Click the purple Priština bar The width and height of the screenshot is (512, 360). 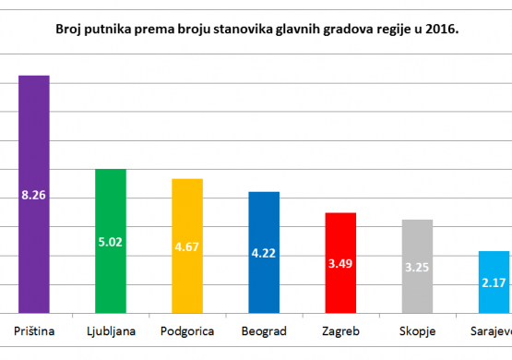[34, 195]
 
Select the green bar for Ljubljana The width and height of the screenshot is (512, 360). [111, 241]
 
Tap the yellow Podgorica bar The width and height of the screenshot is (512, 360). [187, 246]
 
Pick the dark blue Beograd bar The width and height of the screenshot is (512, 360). [264, 253]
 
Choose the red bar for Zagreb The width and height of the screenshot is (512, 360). [340, 263]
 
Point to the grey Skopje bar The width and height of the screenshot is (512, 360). [417, 267]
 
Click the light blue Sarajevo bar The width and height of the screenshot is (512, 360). [494, 282]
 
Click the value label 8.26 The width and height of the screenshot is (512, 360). [33, 196]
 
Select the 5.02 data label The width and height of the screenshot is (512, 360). [111, 242]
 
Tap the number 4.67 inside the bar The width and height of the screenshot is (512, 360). [186, 247]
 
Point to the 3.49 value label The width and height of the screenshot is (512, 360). [340, 264]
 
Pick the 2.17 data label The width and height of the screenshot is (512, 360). [494, 282]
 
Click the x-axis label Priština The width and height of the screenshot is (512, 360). [34, 331]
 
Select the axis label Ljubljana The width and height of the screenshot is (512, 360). [111, 332]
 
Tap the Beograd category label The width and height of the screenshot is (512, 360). [264, 332]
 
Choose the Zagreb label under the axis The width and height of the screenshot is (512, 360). [340, 332]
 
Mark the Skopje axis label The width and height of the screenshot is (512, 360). [417, 332]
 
